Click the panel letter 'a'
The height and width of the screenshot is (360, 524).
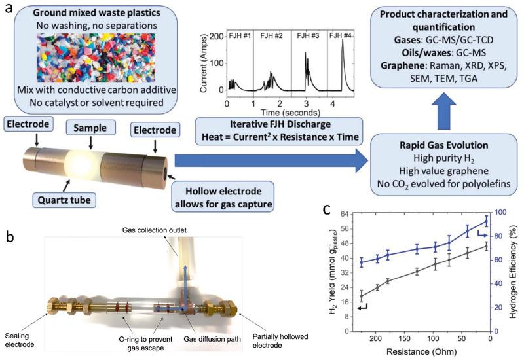pyautogui.click(x=9, y=9)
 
